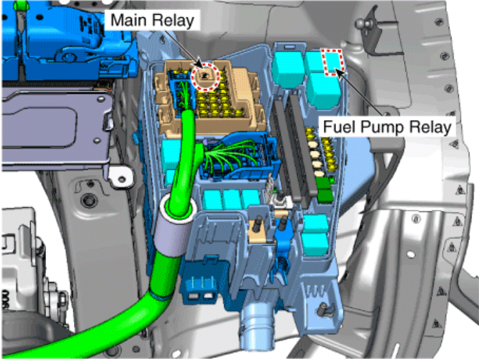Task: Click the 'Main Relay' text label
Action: (152, 20)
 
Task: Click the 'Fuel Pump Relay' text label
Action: (387, 127)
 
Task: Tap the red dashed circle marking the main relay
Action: (205, 76)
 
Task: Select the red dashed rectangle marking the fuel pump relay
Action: (332, 62)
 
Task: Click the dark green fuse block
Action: (324, 189)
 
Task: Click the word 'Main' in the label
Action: (129, 20)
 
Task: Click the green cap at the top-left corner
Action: (21, 6)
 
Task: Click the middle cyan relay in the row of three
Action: (232, 200)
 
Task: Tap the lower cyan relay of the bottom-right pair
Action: (314, 244)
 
